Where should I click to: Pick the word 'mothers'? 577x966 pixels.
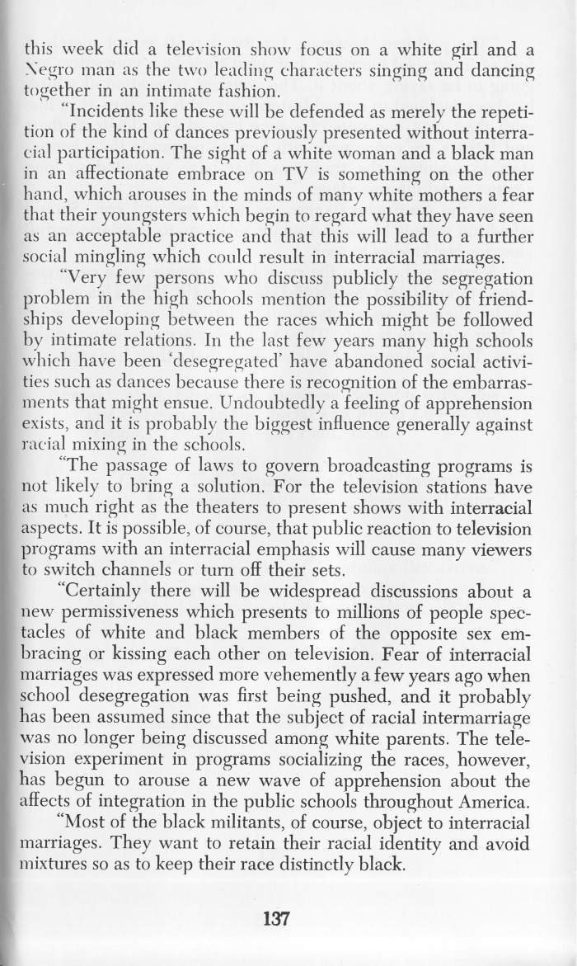461,197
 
